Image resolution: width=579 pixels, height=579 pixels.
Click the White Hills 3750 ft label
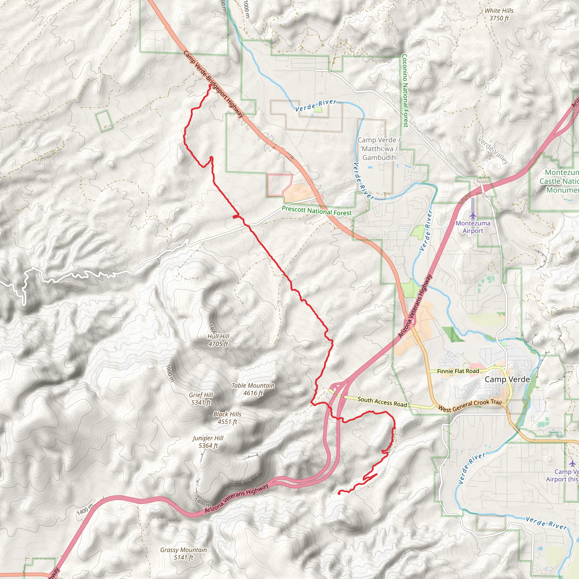499,14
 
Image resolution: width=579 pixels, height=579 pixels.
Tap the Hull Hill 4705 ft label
218,340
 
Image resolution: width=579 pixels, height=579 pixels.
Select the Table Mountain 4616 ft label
253,389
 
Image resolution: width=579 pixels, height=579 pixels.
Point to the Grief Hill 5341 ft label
201,399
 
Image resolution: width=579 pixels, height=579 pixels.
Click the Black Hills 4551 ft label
227,418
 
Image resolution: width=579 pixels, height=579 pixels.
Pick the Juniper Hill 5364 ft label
208,442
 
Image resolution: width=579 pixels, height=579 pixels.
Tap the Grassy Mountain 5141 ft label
183,554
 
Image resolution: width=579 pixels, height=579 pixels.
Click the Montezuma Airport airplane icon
473,215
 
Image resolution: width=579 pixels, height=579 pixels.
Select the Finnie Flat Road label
458,371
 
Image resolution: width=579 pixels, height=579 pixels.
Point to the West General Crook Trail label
470,406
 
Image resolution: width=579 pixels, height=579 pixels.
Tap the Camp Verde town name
507,379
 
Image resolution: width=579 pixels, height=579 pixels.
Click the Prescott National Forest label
316,211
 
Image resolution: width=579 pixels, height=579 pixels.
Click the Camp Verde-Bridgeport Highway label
213,84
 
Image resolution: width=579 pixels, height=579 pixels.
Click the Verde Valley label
493,150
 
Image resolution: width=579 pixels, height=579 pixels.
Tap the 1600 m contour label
170,373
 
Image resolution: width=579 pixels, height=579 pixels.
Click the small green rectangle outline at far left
104,120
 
